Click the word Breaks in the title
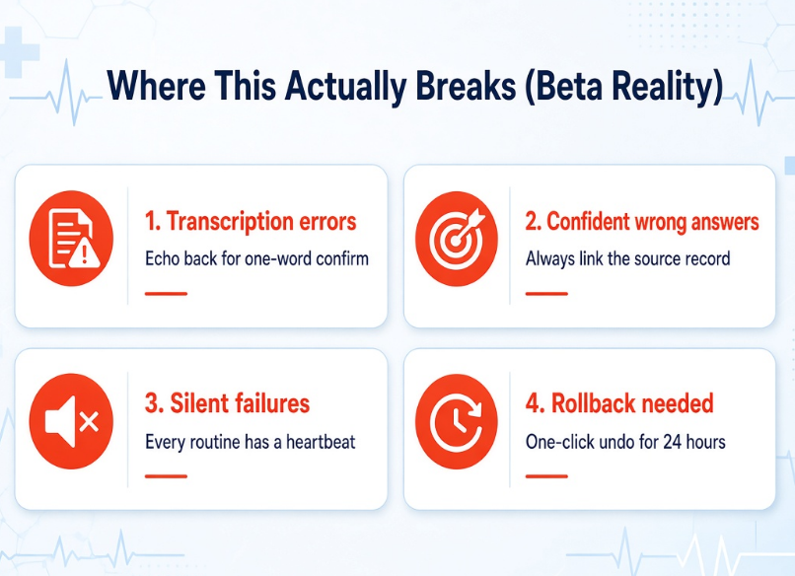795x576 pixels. (466, 85)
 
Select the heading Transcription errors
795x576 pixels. (251, 222)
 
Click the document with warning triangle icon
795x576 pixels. (71, 239)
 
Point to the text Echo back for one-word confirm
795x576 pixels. (256, 258)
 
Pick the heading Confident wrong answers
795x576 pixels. (642, 222)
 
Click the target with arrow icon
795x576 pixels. (457, 239)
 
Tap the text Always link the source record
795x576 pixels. (627, 258)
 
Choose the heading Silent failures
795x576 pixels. (227, 403)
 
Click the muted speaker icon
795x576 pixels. (71, 421)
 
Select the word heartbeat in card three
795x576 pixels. (321, 442)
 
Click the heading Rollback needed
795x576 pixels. (619, 403)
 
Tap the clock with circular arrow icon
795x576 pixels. (457, 421)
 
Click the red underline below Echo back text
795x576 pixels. (166, 294)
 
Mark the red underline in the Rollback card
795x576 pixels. (546, 476)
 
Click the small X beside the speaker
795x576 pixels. (89, 422)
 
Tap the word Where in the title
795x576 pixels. (156, 85)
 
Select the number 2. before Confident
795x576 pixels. (534, 222)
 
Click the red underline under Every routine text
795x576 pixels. (166, 476)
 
